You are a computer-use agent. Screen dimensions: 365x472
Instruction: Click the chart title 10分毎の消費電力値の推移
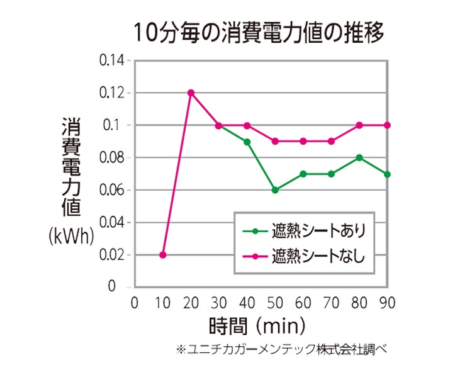(x=258, y=31)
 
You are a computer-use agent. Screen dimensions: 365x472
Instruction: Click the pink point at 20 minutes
(x=191, y=93)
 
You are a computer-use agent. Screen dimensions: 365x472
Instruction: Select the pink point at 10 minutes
(x=163, y=255)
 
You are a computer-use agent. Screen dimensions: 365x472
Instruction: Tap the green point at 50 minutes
(x=275, y=190)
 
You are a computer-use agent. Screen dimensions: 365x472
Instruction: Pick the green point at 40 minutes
(x=247, y=142)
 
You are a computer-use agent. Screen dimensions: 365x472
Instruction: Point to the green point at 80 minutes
(x=359, y=157)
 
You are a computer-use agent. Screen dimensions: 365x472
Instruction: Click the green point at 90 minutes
(x=387, y=174)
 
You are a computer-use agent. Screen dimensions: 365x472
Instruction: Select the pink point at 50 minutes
(x=275, y=141)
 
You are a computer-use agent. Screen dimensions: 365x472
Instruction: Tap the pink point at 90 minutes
(x=387, y=125)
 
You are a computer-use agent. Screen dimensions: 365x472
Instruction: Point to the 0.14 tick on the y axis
(x=113, y=60)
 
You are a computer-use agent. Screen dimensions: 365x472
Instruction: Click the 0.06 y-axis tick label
(x=113, y=190)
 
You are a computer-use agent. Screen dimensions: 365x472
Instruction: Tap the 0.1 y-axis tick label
(x=118, y=125)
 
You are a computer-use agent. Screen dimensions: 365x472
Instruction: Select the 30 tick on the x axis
(x=218, y=303)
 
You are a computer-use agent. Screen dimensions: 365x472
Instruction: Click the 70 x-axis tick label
(x=330, y=303)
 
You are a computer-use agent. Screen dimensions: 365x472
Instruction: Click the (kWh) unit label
(x=71, y=236)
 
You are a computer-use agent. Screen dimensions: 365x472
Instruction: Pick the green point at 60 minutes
(x=303, y=174)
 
